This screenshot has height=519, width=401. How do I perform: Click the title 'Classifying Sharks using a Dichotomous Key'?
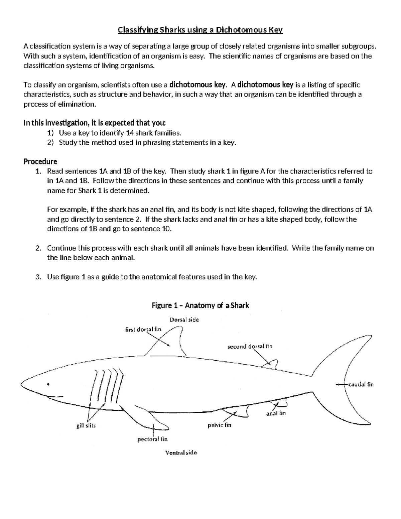[x=200, y=30]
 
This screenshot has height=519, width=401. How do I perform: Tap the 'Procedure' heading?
[x=40, y=161]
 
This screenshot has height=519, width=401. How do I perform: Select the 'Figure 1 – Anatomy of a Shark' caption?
[x=200, y=305]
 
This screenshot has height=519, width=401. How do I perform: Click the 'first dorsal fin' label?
[x=143, y=329]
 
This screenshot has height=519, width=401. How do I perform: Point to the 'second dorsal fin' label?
[x=250, y=347]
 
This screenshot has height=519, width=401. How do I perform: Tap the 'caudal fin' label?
[x=361, y=384]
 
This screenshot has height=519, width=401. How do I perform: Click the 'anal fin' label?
[x=276, y=413]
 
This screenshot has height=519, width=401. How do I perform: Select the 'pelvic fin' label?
[x=219, y=425]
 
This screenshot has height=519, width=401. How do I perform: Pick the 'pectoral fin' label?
[x=152, y=439]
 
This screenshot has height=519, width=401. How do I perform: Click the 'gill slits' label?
[x=86, y=426]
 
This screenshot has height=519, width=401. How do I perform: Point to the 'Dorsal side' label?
[x=184, y=320]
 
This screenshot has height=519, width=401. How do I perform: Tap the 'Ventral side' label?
[x=181, y=453]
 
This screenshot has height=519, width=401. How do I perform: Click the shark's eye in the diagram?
[x=48, y=384]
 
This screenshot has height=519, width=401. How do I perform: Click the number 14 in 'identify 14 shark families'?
[x=130, y=133]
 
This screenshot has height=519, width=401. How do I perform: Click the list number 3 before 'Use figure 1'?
[x=37, y=277]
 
